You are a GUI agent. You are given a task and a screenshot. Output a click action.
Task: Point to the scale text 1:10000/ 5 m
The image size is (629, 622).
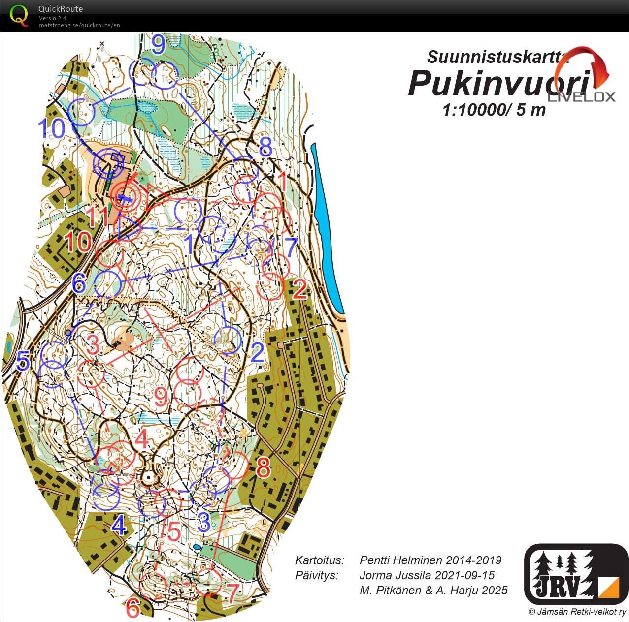[x=494, y=110]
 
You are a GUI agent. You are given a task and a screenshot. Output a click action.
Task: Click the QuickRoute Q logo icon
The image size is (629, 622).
[x=19, y=15]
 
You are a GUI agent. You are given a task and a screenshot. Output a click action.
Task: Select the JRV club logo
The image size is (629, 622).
[x=575, y=574]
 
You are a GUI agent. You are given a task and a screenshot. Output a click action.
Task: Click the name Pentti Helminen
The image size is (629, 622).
[x=430, y=560]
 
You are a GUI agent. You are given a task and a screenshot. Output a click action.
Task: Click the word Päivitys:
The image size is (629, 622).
[x=316, y=575]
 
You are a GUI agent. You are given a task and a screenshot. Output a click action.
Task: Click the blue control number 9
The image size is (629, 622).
[x=159, y=45]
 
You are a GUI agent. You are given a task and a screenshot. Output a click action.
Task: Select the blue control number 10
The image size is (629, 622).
[x=51, y=129]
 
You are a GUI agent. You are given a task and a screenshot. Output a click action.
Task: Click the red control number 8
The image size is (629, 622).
[x=263, y=467]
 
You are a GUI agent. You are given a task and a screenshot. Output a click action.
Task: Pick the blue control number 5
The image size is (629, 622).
[x=23, y=362]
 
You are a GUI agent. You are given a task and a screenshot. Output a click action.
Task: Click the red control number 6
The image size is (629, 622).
[x=133, y=608]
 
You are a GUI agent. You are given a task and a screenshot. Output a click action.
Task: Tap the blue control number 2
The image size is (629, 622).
[x=257, y=353]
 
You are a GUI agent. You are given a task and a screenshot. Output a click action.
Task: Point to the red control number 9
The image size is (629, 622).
[x=161, y=397]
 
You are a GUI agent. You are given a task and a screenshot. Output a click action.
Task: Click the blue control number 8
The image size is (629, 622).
[x=265, y=147]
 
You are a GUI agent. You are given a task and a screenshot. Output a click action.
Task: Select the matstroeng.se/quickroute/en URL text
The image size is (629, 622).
[x=79, y=25]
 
